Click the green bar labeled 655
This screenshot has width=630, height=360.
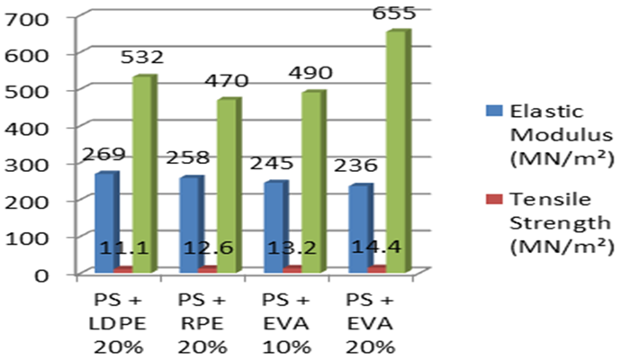[x=397, y=153]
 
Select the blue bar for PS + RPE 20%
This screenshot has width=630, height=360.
[x=190, y=224]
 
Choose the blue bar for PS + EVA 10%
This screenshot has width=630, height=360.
[x=274, y=227]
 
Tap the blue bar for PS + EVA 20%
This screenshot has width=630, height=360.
[x=358, y=229]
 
